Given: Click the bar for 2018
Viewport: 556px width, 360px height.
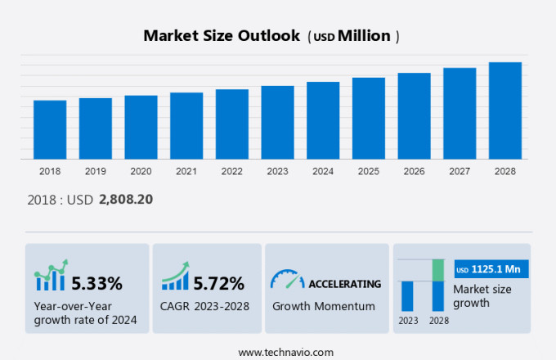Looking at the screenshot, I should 50,129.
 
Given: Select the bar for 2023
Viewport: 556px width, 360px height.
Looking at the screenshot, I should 277,122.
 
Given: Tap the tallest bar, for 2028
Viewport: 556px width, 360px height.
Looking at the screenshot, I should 504,110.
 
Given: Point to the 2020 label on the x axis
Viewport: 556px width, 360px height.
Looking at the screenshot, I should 141,171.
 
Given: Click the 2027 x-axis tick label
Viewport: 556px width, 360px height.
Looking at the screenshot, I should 459,171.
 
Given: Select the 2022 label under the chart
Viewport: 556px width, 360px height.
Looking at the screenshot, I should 231,171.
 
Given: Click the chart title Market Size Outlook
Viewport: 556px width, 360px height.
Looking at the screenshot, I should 221,36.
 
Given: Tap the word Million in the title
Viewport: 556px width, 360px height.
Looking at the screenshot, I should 364,36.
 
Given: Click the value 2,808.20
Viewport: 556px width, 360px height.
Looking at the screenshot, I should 126,199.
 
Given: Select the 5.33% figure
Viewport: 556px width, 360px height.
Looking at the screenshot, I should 96,284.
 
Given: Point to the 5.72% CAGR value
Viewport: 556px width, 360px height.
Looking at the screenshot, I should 218,284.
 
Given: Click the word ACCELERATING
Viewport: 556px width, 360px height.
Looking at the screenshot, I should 344,284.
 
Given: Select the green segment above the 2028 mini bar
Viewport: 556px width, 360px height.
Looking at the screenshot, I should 437,269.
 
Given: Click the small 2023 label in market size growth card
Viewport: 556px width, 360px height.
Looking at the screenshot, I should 407,320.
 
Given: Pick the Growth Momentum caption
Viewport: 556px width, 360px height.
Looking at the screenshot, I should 323,306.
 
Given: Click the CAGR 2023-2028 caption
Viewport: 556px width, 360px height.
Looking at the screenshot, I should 205,306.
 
